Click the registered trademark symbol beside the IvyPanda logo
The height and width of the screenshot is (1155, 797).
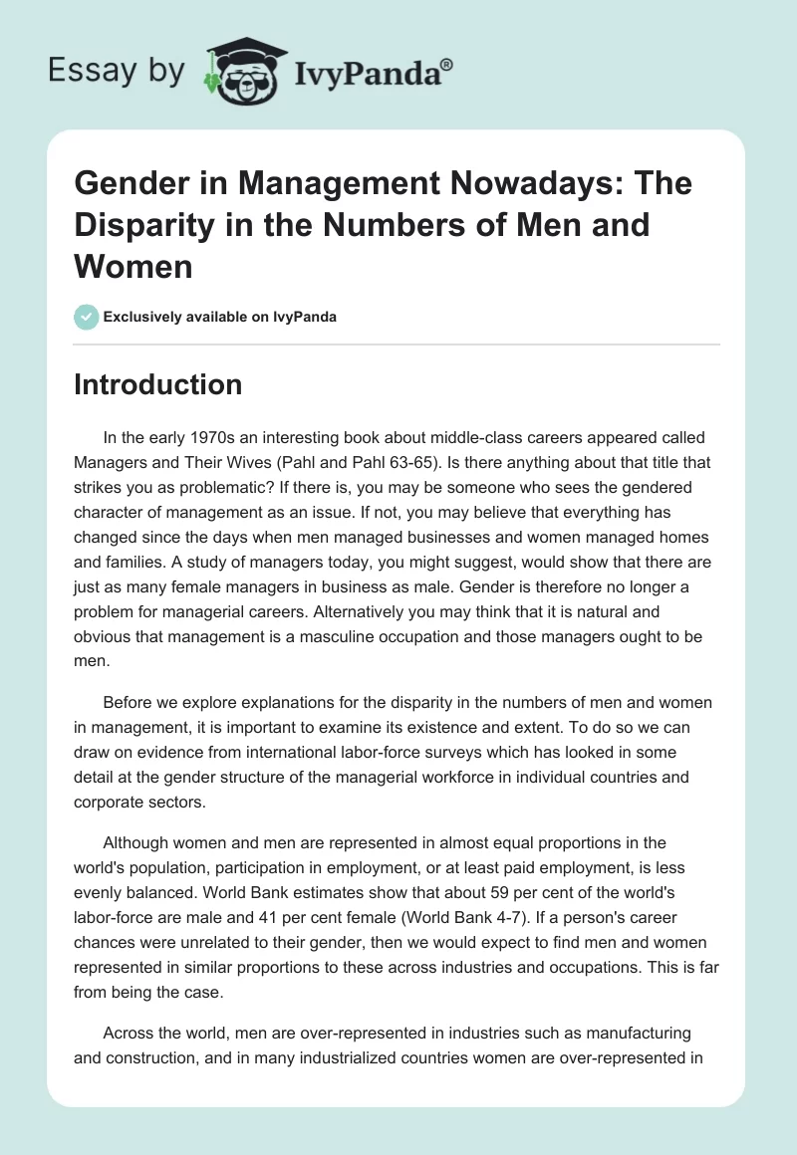(x=447, y=64)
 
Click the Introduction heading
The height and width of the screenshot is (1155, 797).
(x=157, y=385)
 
